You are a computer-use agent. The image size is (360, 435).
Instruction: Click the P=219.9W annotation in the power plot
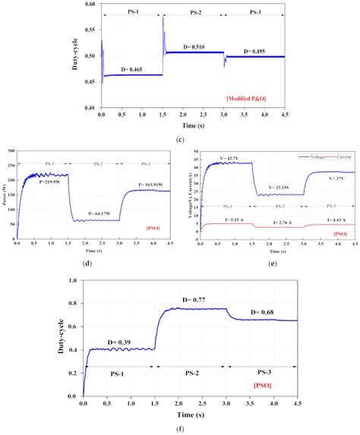click(50, 183)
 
